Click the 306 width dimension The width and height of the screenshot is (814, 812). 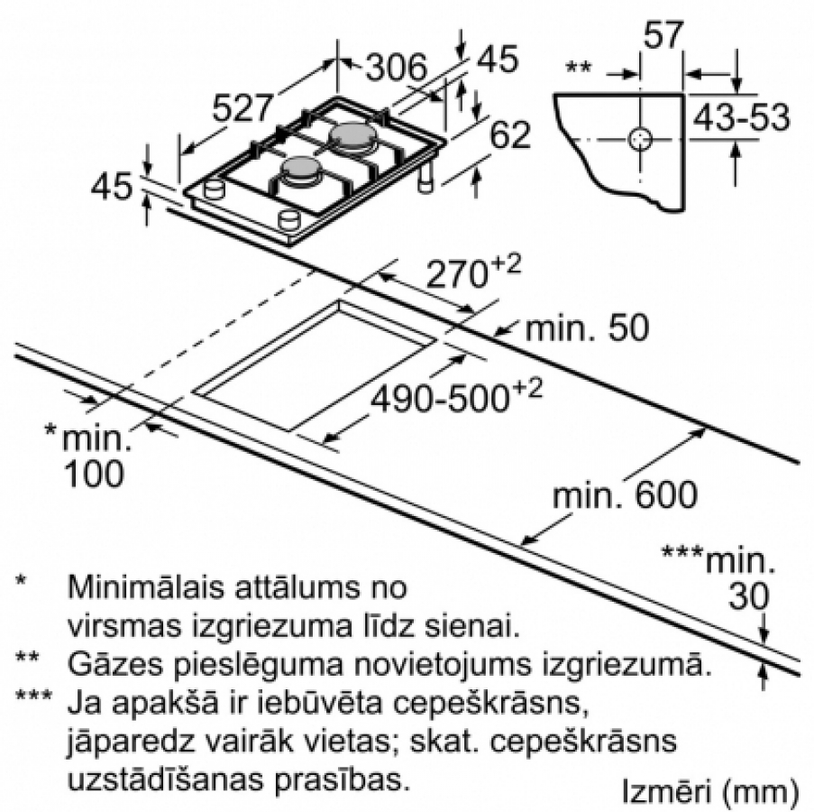click(396, 68)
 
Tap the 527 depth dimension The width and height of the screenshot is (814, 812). click(243, 108)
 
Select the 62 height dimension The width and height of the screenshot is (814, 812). click(510, 134)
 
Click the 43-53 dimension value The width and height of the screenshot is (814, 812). click(742, 117)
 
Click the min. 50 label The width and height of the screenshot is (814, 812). click(587, 328)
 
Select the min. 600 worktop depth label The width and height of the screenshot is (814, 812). click(625, 494)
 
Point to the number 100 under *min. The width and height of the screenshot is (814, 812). click(94, 474)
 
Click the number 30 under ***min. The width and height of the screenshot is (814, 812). click(748, 595)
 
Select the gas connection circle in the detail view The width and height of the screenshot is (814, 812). click(640, 139)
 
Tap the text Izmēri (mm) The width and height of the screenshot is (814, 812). click(710, 792)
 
